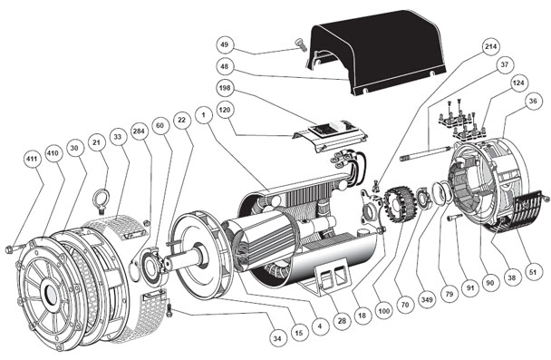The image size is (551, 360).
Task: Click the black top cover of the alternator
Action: coord(377,54)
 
